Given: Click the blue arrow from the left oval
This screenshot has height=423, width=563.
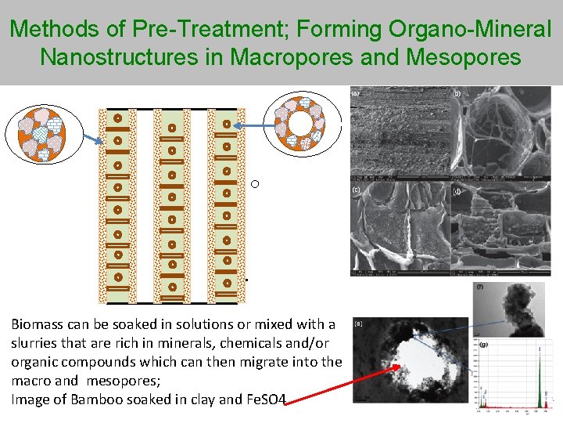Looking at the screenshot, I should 91,138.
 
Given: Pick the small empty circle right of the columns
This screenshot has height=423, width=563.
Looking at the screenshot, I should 255,184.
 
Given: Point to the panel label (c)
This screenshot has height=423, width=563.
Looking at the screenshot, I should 356,190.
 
